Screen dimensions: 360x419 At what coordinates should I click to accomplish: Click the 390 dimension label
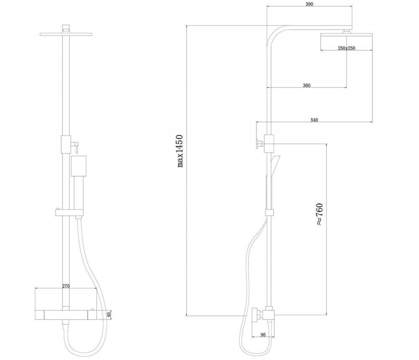tap(309, 4)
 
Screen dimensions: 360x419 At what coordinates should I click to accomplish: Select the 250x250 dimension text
tap(347, 48)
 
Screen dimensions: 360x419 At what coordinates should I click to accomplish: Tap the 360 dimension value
tap(306, 85)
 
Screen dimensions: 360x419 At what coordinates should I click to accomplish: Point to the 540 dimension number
tap(314, 120)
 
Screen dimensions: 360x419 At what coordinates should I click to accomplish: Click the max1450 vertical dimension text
tap(180, 151)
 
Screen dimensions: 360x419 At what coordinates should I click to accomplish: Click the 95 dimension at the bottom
tap(263, 335)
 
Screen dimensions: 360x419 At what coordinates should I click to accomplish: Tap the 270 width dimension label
tap(65, 286)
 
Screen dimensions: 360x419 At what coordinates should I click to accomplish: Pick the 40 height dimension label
tap(109, 314)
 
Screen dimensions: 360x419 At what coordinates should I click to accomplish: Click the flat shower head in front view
tap(65, 34)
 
